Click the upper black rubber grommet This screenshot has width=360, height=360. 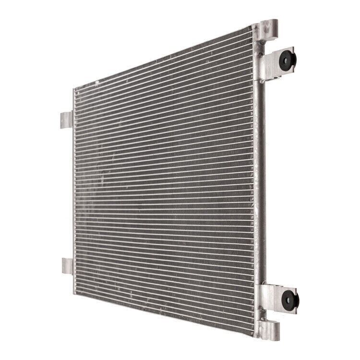(x=289, y=59)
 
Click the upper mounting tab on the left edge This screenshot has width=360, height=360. (x=66, y=120)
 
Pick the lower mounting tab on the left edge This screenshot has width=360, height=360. (x=67, y=265)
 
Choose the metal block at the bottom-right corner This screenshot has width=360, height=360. (x=269, y=330)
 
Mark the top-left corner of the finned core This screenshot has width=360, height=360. (x=74, y=90)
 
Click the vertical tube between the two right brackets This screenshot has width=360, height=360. (x=261, y=182)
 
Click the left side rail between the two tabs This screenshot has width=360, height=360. (x=74, y=192)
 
